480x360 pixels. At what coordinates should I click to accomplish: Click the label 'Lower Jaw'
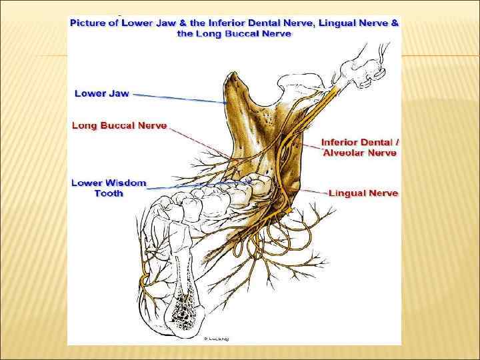[101, 93]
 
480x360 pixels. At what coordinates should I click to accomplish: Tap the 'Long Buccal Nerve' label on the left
[119, 125]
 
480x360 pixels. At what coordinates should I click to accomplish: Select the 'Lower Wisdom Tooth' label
[108, 188]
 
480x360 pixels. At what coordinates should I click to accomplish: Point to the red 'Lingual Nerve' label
[364, 193]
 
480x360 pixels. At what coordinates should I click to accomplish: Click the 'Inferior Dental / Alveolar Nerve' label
[359, 147]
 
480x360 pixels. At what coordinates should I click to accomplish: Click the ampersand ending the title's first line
[395, 23]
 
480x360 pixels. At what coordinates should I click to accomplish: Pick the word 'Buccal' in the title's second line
[242, 33]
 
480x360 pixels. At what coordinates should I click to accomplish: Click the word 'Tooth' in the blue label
[109, 193]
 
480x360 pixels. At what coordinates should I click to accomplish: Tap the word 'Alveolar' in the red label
[344, 153]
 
